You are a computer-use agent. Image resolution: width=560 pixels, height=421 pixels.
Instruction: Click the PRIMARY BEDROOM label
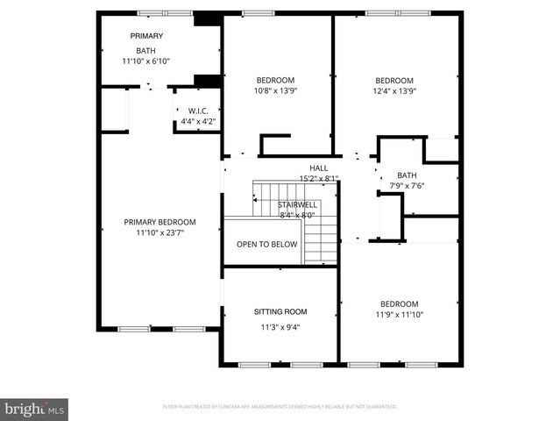[159, 222]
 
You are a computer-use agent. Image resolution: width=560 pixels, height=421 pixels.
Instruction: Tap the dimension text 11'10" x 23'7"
[159, 232]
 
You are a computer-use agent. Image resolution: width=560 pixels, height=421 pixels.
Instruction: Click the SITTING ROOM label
[280, 311]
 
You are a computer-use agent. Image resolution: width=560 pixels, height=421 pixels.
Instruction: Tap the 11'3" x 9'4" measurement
[280, 328]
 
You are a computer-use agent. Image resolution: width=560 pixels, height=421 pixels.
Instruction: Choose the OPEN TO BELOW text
[266, 244]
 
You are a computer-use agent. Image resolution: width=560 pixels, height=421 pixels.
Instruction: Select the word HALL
[318, 168]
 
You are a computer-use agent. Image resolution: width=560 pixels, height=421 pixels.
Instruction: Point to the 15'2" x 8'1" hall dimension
[318, 178]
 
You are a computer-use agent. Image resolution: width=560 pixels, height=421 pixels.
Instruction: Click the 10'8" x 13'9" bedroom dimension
[276, 89]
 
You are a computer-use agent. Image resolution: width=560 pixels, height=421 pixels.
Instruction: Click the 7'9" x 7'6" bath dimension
[407, 185]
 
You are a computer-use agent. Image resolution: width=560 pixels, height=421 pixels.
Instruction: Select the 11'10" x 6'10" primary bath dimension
[145, 61]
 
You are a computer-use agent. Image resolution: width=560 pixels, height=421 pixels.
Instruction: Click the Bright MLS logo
[35, 409]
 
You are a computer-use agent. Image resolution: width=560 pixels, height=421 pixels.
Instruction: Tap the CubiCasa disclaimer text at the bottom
[280, 407]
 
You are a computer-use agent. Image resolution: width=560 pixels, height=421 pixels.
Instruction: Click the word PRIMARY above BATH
[146, 35]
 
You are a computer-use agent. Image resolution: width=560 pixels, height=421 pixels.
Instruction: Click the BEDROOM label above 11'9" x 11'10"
[399, 303]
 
